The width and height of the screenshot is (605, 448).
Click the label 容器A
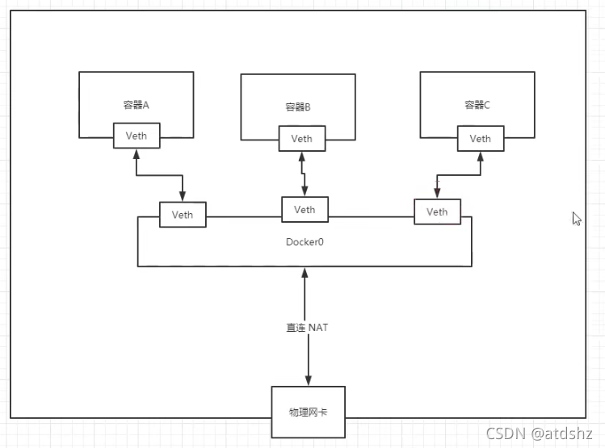[x=136, y=105]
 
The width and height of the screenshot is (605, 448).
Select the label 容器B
[x=298, y=107]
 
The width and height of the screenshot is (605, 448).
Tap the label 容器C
[x=477, y=105]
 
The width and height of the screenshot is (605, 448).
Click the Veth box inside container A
[x=137, y=136]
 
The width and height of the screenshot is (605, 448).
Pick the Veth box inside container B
[x=302, y=138]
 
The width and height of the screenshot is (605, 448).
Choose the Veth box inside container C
[x=480, y=138]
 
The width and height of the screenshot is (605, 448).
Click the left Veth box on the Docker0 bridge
[x=183, y=215]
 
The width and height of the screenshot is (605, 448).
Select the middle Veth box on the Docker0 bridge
[x=305, y=209]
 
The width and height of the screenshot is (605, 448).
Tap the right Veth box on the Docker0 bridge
[x=437, y=212]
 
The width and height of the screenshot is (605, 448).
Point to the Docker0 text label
[x=305, y=241]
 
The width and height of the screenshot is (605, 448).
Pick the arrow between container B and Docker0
[x=303, y=173]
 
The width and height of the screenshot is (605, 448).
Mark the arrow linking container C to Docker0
[x=458, y=175]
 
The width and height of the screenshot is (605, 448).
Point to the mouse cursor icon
[x=577, y=219]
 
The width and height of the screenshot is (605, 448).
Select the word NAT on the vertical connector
[x=318, y=328]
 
